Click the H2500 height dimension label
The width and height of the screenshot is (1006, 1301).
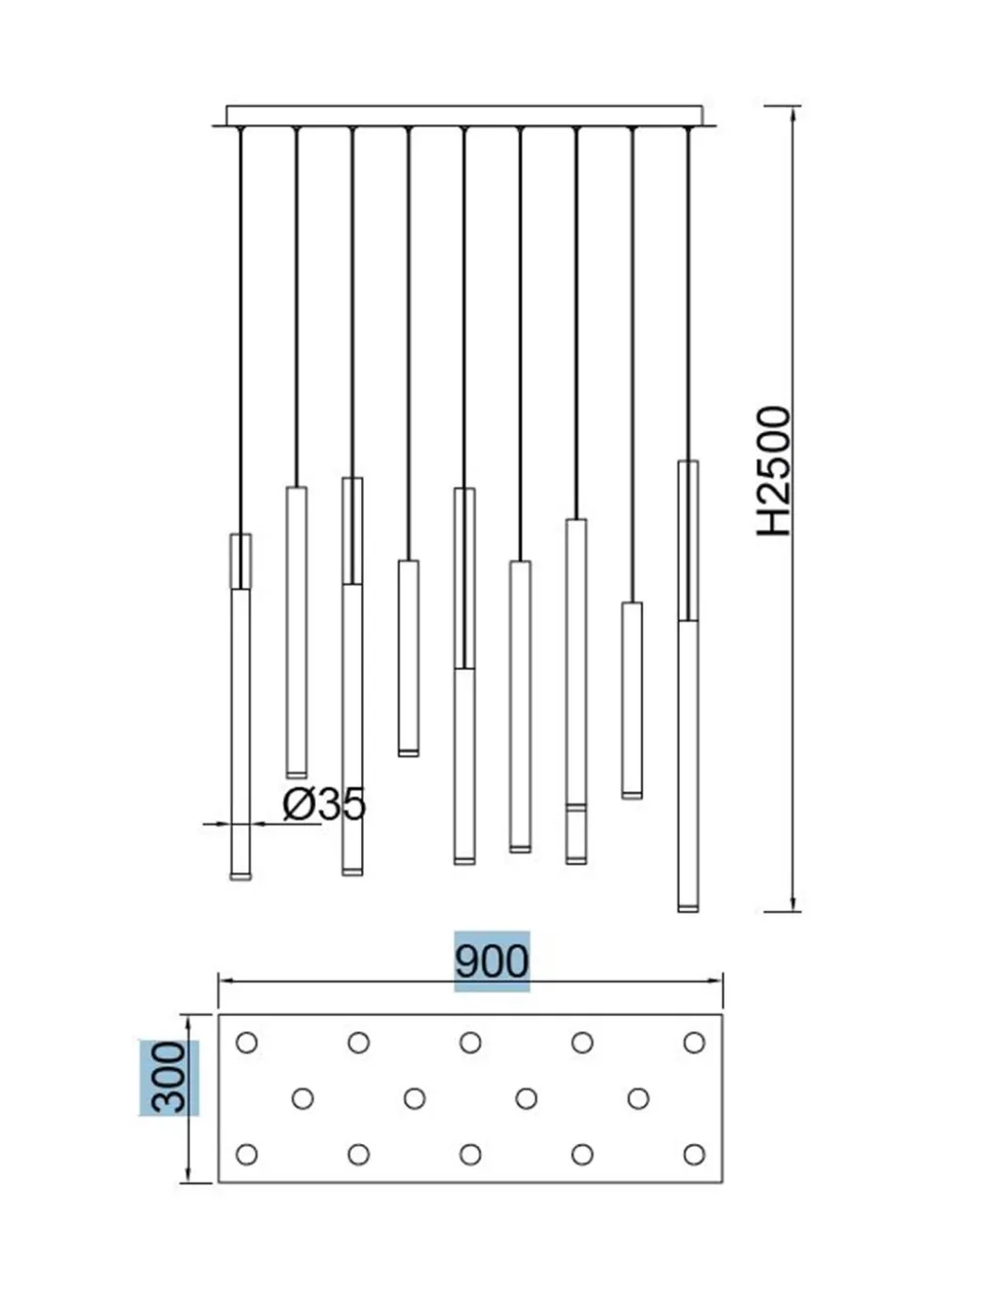774,471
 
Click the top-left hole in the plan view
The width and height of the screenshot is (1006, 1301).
246,1042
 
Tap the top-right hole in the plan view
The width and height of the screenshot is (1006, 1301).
694,1042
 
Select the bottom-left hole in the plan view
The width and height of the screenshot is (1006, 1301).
246,1154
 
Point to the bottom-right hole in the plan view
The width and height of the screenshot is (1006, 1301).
694,1154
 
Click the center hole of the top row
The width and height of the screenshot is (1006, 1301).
470,1042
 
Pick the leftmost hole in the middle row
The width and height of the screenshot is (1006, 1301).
303,1099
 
